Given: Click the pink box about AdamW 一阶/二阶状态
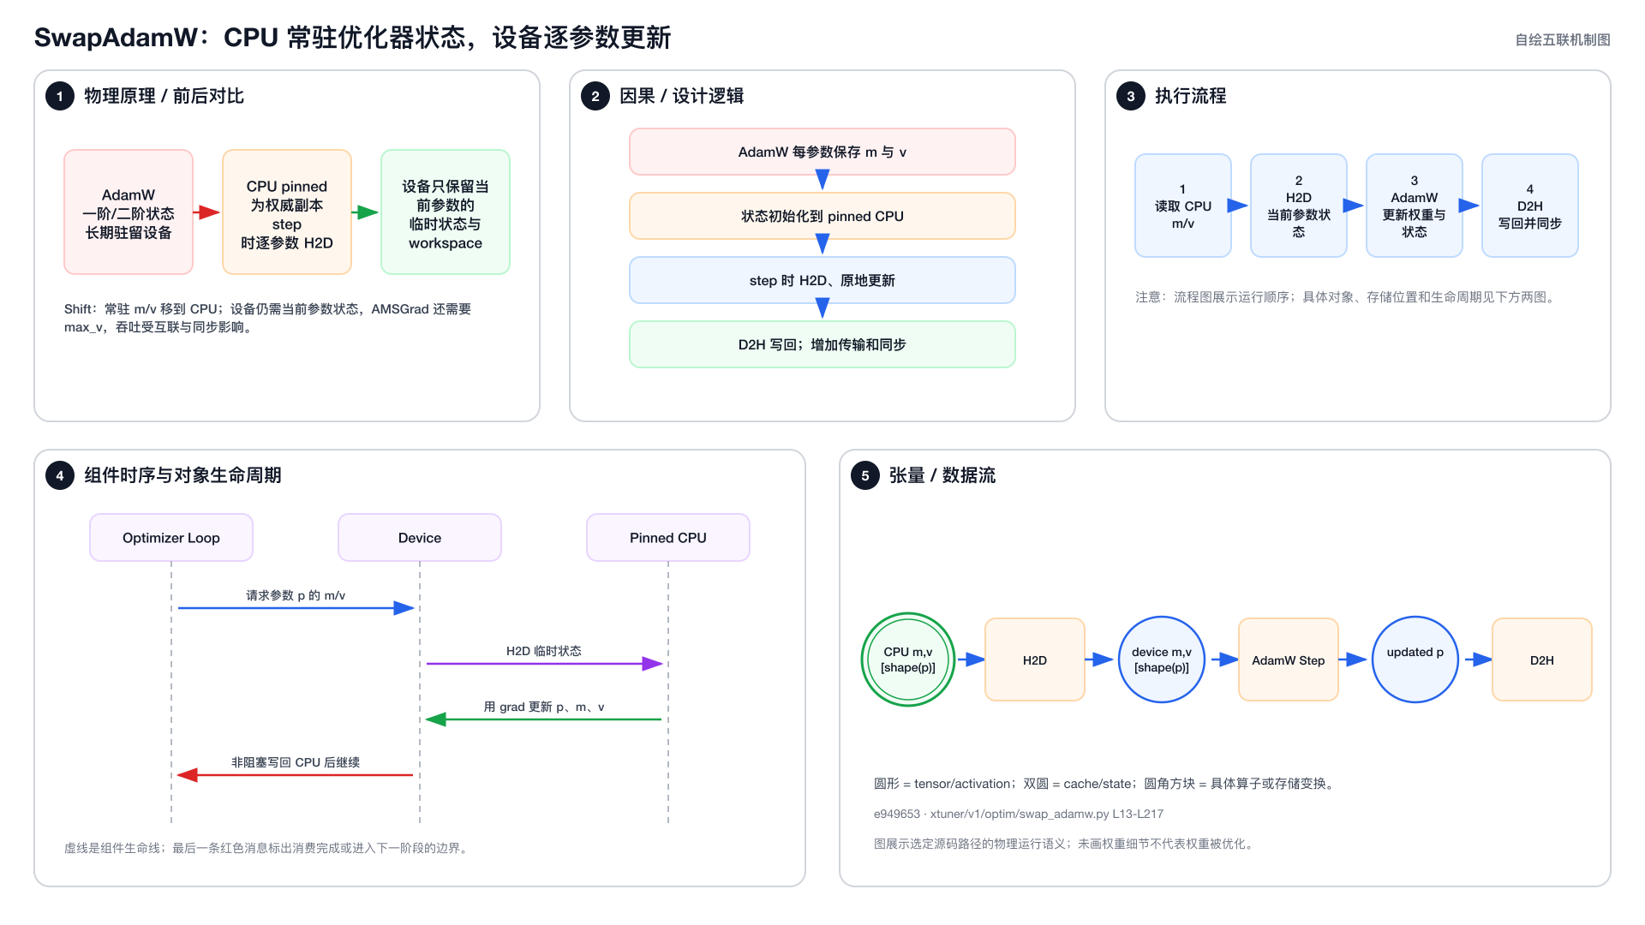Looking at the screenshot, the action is (x=129, y=212).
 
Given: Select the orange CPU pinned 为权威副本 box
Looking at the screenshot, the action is (x=287, y=212).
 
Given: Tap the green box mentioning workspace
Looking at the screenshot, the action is (x=446, y=212).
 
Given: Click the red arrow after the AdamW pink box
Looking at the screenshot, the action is (x=206, y=212).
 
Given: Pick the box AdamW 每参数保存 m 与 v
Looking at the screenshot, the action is (x=822, y=152).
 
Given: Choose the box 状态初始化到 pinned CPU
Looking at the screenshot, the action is (x=822, y=216).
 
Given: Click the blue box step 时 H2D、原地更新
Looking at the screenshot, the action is (x=822, y=280).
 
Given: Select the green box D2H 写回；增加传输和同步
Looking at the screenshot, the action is (x=822, y=344).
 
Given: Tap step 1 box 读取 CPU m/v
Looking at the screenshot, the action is (x=1183, y=206).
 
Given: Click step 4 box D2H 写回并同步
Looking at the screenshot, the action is (x=1530, y=206).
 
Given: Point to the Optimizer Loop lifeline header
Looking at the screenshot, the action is (x=171, y=538).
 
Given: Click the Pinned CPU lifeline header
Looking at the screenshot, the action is (x=668, y=538).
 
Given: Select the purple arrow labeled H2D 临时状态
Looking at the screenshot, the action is (x=545, y=664).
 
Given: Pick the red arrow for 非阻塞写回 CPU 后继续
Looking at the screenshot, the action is (x=295, y=775).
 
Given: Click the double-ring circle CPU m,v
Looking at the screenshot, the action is (x=908, y=659).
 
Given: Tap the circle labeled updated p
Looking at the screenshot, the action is (x=1415, y=659).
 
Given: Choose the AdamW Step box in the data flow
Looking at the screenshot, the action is (x=1289, y=659).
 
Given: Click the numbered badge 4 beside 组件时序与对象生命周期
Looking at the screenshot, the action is (x=60, y=475).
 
